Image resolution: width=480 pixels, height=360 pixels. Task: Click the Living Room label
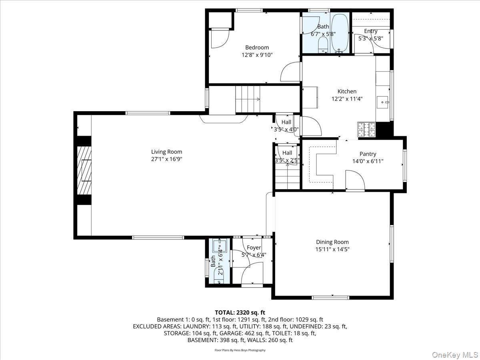166,152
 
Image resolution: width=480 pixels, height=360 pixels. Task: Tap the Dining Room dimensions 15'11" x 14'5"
332,249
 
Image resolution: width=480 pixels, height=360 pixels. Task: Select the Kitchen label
347,91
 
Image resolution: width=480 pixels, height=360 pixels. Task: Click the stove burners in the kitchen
366,129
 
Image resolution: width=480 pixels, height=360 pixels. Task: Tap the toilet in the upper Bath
322,46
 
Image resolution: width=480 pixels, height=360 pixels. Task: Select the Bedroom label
257,47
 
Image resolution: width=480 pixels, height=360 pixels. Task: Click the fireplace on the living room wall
85,170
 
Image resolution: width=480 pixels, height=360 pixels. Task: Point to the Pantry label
368,154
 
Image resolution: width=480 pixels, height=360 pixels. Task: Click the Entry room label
370,31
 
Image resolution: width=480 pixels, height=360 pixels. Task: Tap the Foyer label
254,248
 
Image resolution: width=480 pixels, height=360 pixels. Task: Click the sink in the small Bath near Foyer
219,245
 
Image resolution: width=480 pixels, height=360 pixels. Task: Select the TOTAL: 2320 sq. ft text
240,312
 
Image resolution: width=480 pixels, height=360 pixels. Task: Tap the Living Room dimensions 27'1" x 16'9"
166,159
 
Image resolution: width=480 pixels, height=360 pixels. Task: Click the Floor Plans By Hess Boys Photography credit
240,350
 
